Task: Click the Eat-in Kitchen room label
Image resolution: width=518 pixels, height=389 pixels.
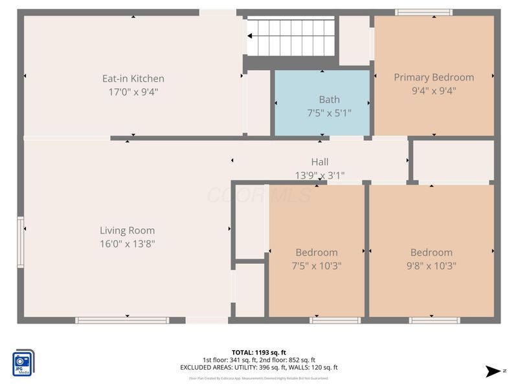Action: click(133, 78)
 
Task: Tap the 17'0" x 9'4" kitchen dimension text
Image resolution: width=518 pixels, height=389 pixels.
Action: click(133, 92)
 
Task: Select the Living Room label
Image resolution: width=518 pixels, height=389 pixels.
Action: click(127, 230)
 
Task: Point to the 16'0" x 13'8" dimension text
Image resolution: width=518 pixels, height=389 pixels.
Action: click(127, 244)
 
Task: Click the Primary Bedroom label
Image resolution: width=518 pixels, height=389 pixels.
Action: click(434, 77)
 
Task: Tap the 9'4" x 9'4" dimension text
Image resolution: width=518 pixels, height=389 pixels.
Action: click(434, 91)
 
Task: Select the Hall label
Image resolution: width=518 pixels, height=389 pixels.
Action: click(320, 162)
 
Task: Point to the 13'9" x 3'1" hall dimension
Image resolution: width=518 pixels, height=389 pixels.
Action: click(320, 175)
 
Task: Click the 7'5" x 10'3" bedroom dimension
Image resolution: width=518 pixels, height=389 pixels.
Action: click(317, 265)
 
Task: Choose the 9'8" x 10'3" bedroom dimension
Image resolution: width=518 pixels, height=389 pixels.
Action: click(431, 265)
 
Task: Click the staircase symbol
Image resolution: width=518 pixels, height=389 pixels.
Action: click(291, 37)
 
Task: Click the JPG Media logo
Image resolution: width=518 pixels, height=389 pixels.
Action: click(24, 362)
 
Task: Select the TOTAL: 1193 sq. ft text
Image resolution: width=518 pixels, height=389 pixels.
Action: click(258, 352)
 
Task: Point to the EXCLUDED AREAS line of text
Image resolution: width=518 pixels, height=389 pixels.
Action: click(258, 368)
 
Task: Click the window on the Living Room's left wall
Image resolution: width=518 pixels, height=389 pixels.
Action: click(21, 242)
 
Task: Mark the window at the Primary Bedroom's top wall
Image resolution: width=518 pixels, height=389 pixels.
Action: click(424, 12)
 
